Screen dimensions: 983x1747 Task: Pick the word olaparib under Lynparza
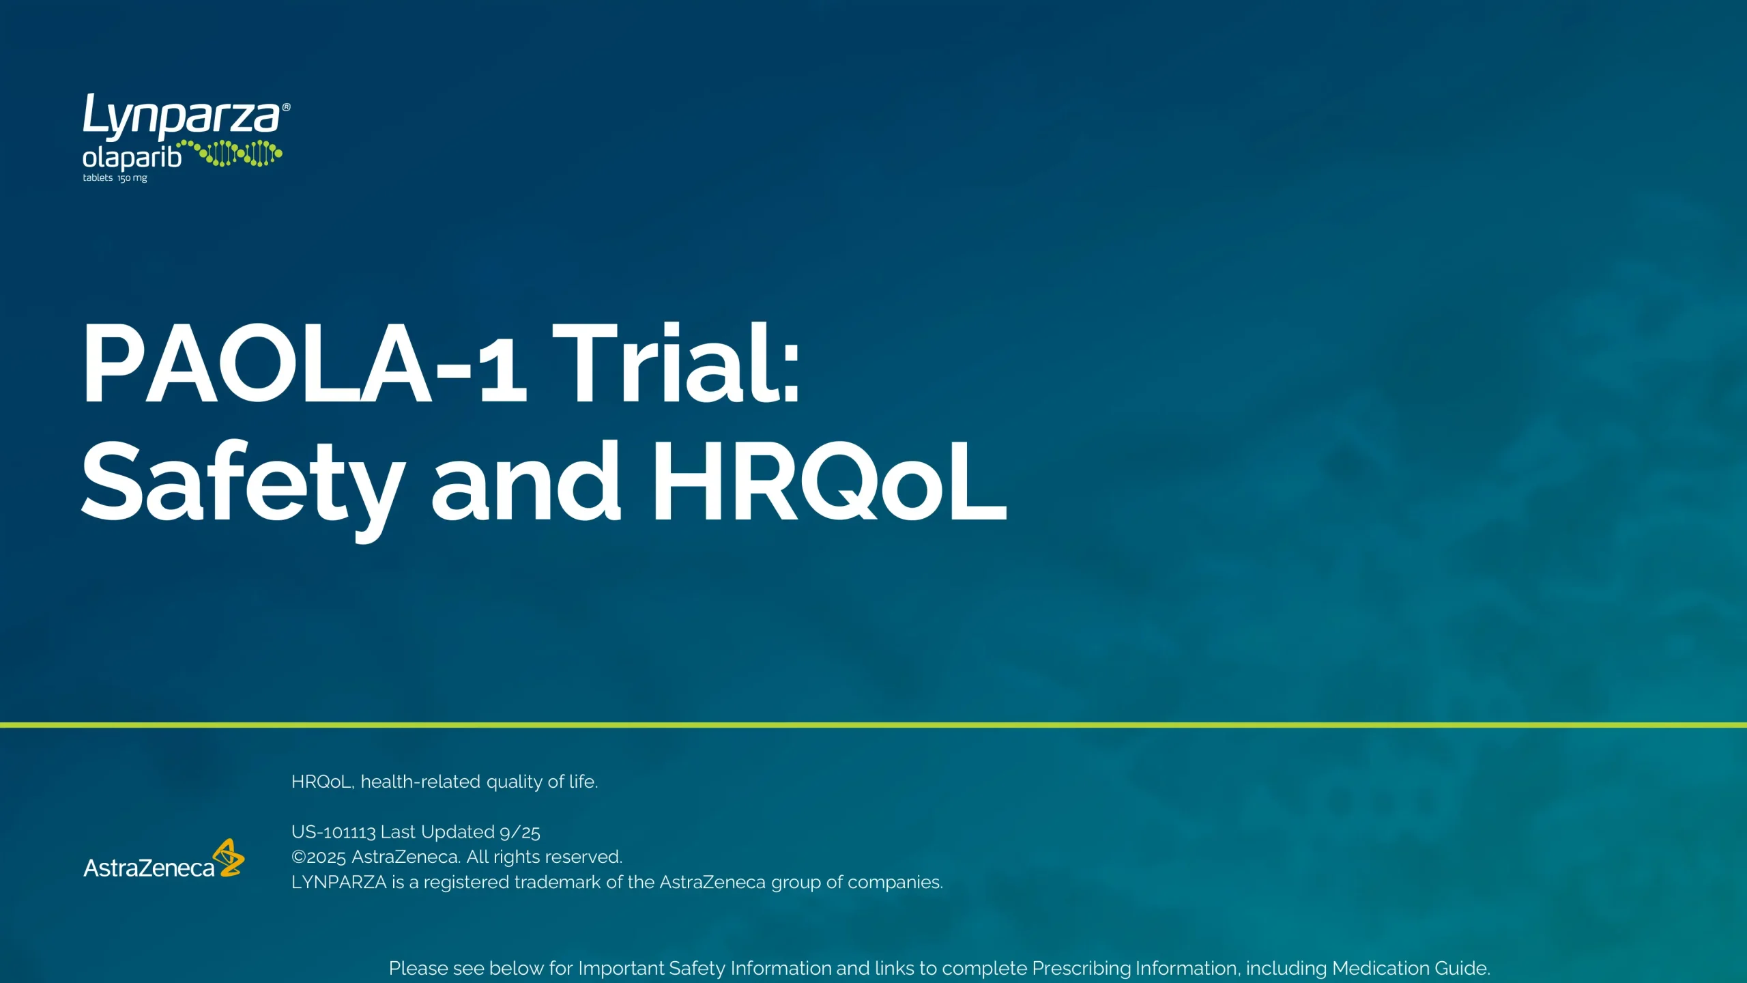coord(132,158)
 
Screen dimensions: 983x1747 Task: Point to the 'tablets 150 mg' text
coord(115,178)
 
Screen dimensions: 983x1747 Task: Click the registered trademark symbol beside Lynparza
coord(287,107)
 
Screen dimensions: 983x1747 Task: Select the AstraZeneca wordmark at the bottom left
coord(149,868)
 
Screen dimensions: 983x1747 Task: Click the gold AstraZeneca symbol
coord(229,857)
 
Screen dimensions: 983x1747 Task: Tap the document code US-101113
coord(334,832)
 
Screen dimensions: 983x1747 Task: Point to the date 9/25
coord(520,832)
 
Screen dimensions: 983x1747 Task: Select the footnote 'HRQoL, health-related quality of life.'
coord(444,782)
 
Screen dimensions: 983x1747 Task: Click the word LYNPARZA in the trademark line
coord(339,883)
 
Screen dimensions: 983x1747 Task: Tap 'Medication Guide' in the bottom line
coord(1410,969)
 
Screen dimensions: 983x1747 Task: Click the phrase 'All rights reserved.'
coord(545,857)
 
